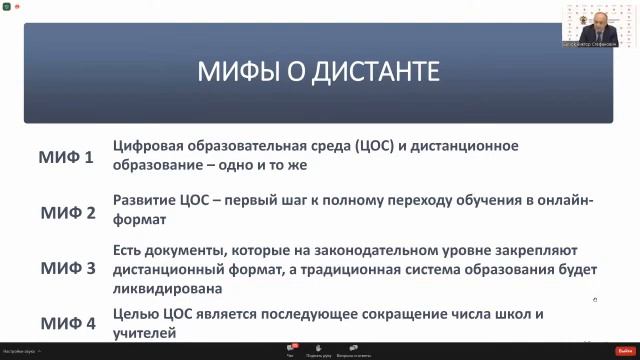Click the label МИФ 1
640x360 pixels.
67,158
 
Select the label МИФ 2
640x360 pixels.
67,213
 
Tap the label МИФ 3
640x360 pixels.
67,268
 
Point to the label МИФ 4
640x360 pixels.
67,323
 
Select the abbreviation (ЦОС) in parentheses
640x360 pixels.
378,146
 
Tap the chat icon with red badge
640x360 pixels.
291,349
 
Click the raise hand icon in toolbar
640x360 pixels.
319,349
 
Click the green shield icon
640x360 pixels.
6,5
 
